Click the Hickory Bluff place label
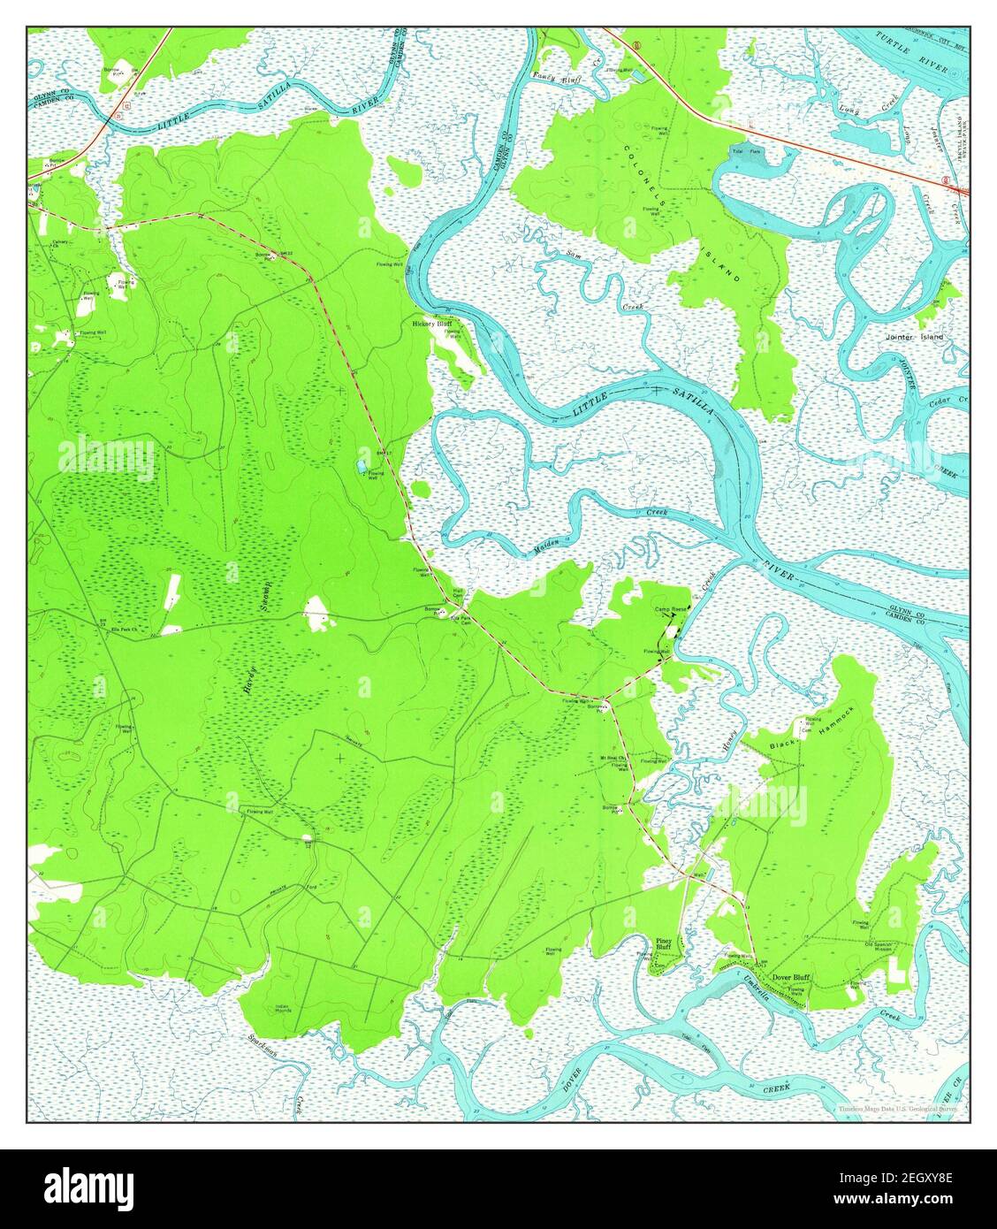(x=432, y=324)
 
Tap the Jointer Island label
(x=914, y=337)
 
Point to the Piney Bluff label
(x=663, y=943)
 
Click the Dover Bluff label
(x=791, y=977)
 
